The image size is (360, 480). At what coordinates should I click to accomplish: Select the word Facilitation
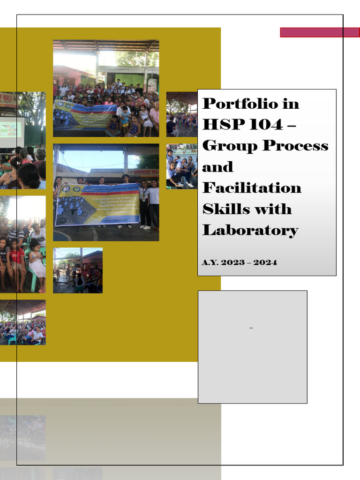(252, 188)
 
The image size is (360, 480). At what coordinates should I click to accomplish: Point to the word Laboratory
(250, 230)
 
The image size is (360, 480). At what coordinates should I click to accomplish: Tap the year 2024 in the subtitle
(265, 262)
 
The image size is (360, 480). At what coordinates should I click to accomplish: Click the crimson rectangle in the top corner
(320, 32)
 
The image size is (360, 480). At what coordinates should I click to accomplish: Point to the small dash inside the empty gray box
(252, 329)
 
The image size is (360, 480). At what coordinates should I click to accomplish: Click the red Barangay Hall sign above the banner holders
(143, 172)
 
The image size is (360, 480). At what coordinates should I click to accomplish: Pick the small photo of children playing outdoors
(78, 270)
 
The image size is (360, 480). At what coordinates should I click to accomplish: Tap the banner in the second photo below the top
(97, 205)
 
